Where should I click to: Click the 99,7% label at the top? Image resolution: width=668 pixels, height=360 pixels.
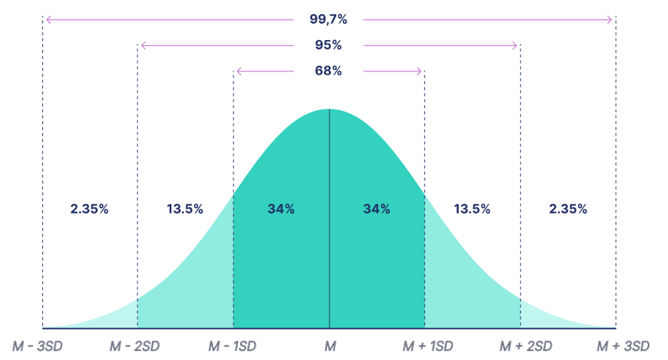pyautogui.click(x=328, y=19)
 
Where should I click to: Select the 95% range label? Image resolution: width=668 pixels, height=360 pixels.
pyautogui.click(x=328, y=46)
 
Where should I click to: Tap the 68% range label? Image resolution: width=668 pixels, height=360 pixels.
pyautogui.click(x=328, y=71)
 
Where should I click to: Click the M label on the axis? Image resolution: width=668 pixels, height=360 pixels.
pyautogui.click(x=329, y=347)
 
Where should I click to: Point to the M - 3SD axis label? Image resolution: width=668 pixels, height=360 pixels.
pyautogui.click(x=38, y=347)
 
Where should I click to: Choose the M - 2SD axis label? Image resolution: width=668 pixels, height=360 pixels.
pyautogui.click(x=134, y=347)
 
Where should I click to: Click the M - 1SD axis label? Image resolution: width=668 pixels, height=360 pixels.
pyautogui.click(x=232, y=347)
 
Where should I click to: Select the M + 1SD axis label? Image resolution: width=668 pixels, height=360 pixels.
pyautogui.click(x=428, y=347)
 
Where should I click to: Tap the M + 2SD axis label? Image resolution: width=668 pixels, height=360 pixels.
pyautogui.click(x=526, y=347)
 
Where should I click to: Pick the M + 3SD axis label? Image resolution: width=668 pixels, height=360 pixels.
pyautogui.click(x=623, y=347)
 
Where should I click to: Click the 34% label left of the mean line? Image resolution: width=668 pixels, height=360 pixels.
pyautogui.click(x=281, y=209)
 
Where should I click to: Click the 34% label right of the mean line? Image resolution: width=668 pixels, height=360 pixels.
pyautogui.click(x=377, y=209)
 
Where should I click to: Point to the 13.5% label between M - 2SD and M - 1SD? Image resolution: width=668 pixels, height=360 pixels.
pyautogui.click(x=185, y=209)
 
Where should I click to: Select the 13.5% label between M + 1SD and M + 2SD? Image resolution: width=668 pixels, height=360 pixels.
pyautogui.click(x=472, y=209)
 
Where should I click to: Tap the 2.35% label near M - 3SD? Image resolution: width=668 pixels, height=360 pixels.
pyautogui.click(x=89, y=209)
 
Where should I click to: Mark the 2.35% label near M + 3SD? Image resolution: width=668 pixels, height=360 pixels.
pyautogui.click(x=568, y=209)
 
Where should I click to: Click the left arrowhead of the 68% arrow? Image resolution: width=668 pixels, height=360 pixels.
pyautogui.click(x=238, y=71)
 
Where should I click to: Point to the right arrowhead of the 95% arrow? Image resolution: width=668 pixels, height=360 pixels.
pyautogui.click(x=516, y=46)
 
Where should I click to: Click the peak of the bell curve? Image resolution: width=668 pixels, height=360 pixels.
pyautogui.click(x=329, y=110)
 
